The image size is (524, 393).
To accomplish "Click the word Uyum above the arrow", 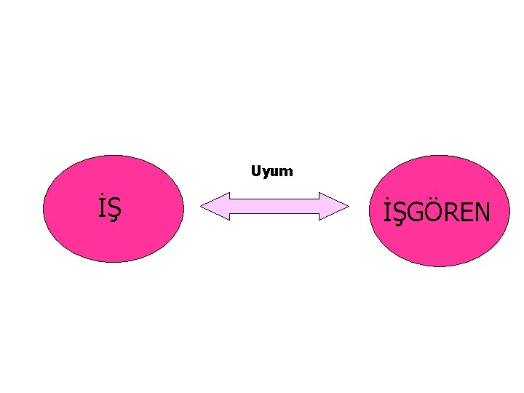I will tap(271, 172).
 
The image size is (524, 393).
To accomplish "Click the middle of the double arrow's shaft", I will tap(274, 207).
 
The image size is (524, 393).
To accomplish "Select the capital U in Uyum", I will tap(255, 172).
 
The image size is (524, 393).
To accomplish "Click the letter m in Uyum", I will tap(286, 172).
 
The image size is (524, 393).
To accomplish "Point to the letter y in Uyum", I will tap(265, 174).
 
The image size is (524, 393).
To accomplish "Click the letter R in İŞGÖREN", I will tap(453, 213).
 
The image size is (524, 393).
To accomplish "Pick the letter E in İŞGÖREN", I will tap(467, 213).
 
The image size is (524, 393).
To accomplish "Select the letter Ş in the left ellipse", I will tap(114, 210).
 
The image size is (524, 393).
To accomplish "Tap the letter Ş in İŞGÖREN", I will tap(404, 213).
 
